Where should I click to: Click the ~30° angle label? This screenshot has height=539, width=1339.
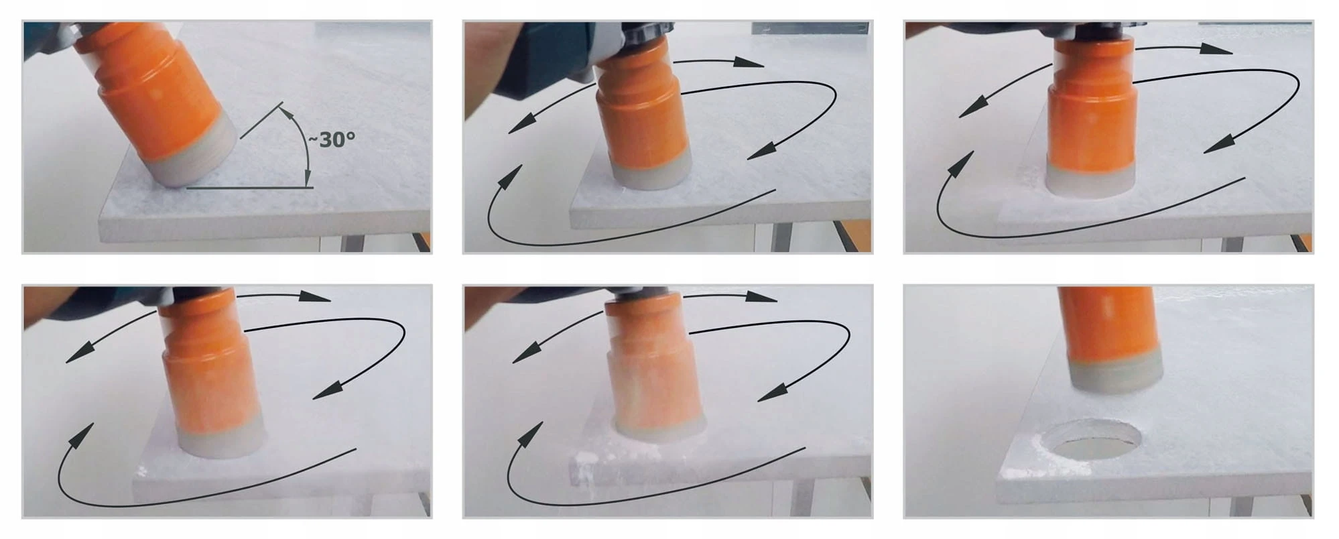pos(331,139)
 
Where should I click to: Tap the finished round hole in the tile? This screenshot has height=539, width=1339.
pos(1092,440)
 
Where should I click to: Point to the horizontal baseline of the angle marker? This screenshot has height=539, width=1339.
pos(249,188)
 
